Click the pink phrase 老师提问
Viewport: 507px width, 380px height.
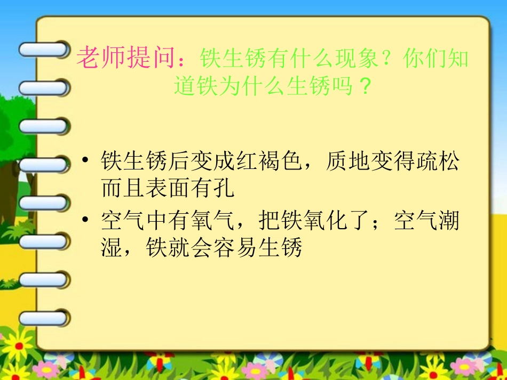tap(126, 58)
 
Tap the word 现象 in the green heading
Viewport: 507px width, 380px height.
tap(357, 59)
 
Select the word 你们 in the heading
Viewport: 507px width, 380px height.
tap(424, 59)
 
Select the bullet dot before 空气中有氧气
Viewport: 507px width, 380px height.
tap(85, 221)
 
